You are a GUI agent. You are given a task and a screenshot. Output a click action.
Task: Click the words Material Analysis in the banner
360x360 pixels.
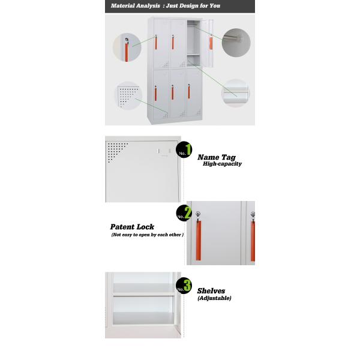click(135, 6)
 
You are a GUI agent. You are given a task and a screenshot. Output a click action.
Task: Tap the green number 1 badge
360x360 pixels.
click(184, 149)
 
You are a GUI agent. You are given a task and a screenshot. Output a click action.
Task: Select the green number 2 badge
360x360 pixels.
click(184, 213)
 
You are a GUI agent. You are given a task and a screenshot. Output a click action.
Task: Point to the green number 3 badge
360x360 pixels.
click(184, 286)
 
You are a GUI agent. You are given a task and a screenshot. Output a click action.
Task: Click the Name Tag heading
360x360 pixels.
click(217, 157)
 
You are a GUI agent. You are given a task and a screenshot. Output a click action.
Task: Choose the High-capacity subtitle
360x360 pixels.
click(222, 164)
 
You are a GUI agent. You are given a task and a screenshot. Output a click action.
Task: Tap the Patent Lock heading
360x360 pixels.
click(132, 227)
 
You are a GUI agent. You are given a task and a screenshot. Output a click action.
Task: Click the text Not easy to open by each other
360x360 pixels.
click(147, 235)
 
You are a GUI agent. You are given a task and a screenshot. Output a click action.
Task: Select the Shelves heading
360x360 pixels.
click(211, 291)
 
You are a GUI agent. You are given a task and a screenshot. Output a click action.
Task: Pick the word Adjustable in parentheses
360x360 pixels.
click(214, 298)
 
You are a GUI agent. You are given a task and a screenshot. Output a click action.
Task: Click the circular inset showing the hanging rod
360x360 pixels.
click(236, 43)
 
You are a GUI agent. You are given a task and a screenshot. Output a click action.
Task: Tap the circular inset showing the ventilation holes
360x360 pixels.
click(128, 96)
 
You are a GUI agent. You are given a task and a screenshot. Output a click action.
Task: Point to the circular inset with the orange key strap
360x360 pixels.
click(127, 47)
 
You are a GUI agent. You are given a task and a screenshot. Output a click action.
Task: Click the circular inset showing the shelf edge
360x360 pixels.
click(236, 93)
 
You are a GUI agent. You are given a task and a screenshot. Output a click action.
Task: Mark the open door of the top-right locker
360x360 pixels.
click(207, 43)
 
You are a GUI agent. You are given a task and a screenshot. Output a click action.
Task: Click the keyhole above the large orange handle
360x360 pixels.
click(198, 214)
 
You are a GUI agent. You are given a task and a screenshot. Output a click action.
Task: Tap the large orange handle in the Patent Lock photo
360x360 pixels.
click(199, 241)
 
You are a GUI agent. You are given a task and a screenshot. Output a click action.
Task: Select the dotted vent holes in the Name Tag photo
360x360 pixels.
click(117, 151)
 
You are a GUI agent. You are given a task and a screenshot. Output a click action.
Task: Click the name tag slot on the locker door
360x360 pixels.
click(164, 151)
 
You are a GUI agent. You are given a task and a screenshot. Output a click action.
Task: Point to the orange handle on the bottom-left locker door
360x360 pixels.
click(155, 94)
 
